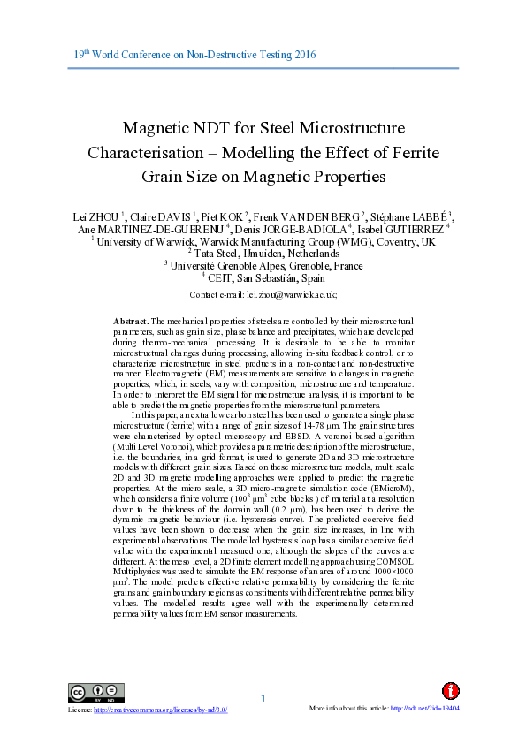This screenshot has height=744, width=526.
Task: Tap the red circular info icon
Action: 450,691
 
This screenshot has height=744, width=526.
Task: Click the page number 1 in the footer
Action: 263,701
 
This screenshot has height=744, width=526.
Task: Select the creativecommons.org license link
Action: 161,710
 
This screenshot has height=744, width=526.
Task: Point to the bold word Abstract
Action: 131,320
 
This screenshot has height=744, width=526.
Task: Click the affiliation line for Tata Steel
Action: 263,252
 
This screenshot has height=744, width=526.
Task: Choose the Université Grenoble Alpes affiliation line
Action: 263,263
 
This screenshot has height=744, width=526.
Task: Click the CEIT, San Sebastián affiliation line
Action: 263,276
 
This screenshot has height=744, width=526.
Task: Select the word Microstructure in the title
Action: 352,128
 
